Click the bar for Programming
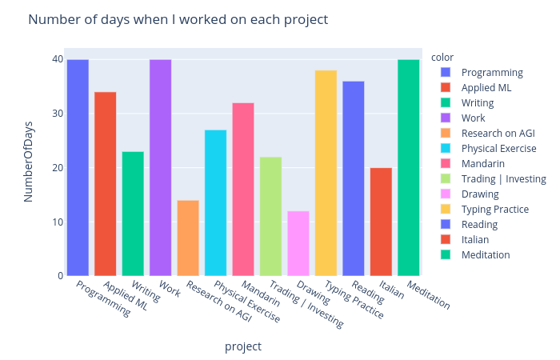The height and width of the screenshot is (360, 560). click(78, 168)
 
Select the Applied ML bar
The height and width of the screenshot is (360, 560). click(106, 184)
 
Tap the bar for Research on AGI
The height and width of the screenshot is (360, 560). click(188, 238)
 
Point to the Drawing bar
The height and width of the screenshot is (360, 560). click(298, 243)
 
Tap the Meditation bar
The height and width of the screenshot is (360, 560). click(408, 168)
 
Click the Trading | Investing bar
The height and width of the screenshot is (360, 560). click(270, 216)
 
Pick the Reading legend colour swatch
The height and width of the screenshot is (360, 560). click(446, 224)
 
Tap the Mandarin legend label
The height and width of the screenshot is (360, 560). click(483, 163)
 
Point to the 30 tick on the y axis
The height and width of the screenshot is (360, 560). click(58, 114)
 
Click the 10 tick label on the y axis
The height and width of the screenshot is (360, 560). click(58, 222)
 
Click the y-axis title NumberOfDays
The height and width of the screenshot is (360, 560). click(28, 167)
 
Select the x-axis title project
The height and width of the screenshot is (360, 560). click(242, 346)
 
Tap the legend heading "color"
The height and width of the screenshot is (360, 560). click(442, 57)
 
